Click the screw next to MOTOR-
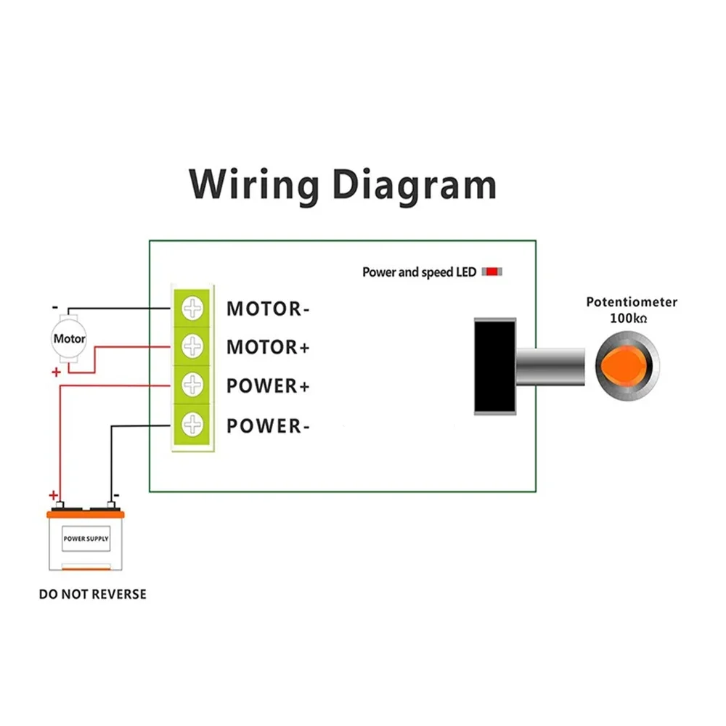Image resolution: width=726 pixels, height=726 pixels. tap(193, 309)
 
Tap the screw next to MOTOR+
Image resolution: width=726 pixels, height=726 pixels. tap(193, 347)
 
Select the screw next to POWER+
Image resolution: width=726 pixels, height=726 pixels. tap(193, 385)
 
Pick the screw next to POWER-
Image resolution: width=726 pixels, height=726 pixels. tap(193, 423)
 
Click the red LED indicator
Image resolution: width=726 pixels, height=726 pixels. tap(493, 272)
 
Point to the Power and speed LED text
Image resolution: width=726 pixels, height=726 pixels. tap(419, 272)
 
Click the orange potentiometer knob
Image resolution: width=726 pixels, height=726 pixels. tap(628, 364)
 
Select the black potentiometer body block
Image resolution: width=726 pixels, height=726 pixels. tap(495, 366)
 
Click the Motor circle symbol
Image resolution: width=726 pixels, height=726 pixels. tap(70, 338)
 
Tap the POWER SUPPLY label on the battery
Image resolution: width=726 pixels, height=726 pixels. tap(86, 539)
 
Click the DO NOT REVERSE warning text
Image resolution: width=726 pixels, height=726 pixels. tap(92, 595)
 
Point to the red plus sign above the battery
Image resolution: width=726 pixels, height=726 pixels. tap(53, 495)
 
